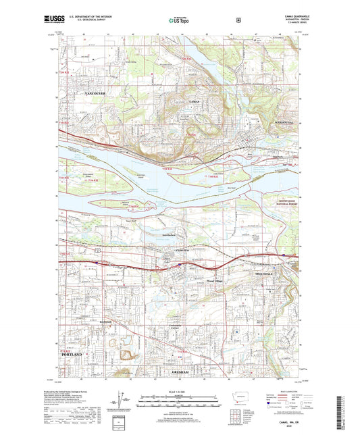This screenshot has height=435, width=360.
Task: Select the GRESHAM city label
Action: point(182,372)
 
